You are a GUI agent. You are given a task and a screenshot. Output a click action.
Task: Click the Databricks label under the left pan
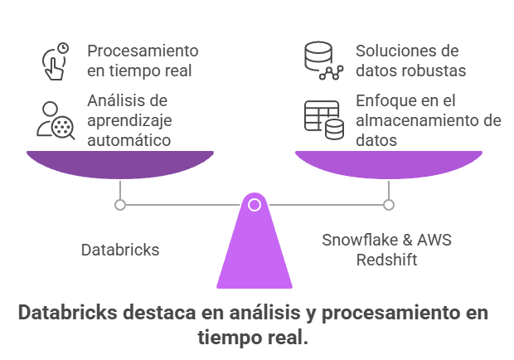[x=120, y=250]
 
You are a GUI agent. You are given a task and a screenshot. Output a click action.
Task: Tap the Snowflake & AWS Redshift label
[x=386, y=250]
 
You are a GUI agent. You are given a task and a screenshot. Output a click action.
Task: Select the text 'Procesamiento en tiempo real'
[x=143, y=61]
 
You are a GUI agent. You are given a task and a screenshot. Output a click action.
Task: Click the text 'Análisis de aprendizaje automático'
[x=128, y=120]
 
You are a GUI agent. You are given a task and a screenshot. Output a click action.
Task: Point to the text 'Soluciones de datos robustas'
[x=410, y=61]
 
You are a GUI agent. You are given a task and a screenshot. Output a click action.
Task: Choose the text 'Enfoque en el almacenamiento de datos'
[x=428, y=120]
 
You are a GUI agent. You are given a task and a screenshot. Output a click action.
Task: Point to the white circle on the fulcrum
[x=255, y=204]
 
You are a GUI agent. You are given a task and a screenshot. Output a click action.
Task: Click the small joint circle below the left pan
[x=120, y=204]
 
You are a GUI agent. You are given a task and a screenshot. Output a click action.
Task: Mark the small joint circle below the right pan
[x=389, y=204]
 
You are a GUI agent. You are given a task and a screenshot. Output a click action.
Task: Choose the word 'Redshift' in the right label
[x=386, y=260]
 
